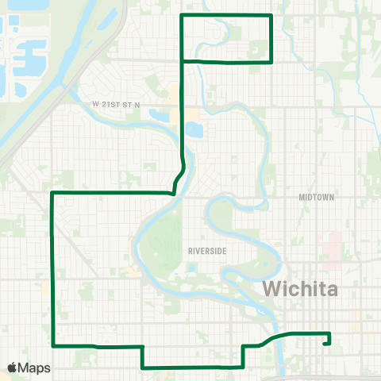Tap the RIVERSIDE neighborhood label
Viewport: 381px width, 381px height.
208,250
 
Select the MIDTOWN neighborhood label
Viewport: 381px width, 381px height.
317,197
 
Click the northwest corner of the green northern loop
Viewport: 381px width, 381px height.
183,15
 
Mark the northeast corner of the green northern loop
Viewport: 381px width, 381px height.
272,15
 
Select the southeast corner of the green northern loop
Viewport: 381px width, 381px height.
272,61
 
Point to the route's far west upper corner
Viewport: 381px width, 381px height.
52,192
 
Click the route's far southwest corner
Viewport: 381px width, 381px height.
52,345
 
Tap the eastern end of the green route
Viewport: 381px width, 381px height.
327,344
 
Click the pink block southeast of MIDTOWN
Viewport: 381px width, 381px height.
327,243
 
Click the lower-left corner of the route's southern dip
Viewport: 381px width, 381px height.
142,368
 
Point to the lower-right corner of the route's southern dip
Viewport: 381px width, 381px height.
242,368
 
